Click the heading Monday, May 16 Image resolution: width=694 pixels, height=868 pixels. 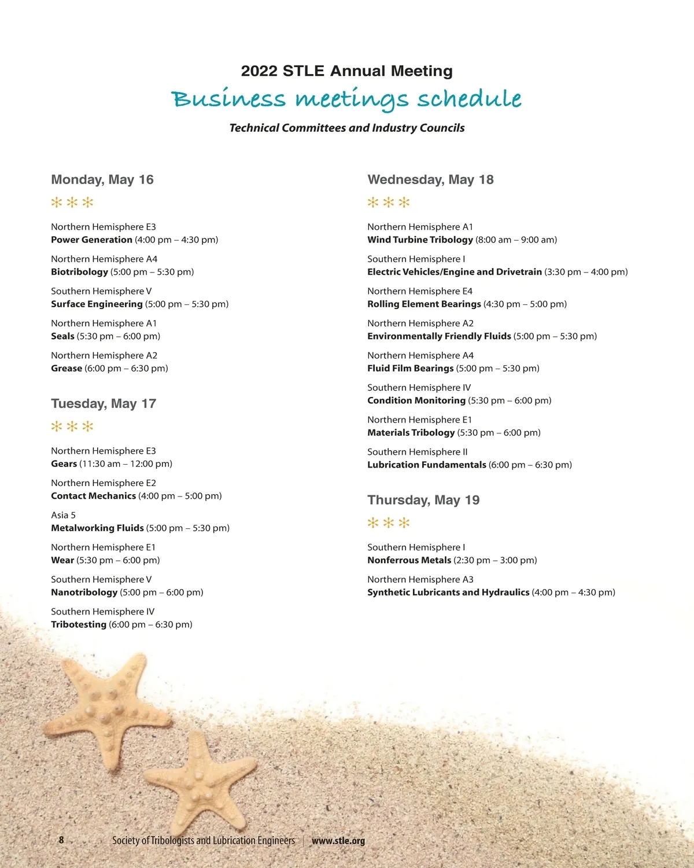click(x=102, y=179)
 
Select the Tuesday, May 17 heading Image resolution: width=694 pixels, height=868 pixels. click(x=104, y=403)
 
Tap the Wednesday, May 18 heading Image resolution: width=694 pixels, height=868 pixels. click(x=430, y=179)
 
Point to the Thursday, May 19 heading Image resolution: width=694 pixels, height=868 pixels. click(x=423, y=500)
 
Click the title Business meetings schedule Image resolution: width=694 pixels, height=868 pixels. click(x=346, y=99)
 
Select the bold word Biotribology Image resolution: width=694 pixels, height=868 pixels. click(x=79, y=272)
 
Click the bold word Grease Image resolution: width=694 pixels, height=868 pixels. click(x=67, y=369)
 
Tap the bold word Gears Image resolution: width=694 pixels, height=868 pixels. click(x=64, y=464)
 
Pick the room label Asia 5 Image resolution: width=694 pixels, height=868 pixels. click(x=63, y=515)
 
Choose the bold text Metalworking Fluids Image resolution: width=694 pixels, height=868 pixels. click(x=97, y=528)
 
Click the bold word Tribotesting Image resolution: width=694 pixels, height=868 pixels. click(x=79, y=625)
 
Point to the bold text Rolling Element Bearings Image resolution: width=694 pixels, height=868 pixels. click(x=424, y=304)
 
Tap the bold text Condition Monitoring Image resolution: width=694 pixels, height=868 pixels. click(x=416, y=400)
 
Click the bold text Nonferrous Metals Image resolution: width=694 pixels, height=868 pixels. click(x=409, y=560)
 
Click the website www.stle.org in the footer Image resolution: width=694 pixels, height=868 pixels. click(x=338, y=841)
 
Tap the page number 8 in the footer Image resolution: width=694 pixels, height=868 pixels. click(x=61, y=840)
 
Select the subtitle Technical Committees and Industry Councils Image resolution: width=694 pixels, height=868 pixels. click(x=347, y=128)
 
